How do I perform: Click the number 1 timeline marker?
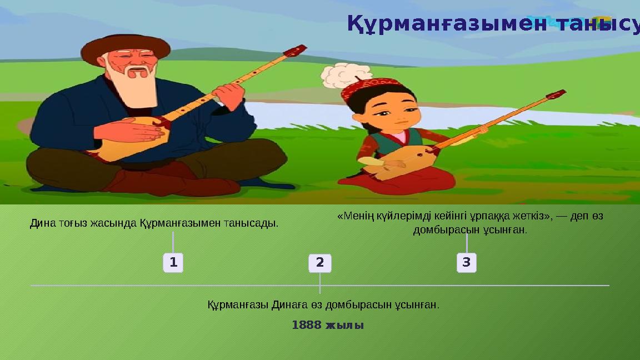pos(173,262)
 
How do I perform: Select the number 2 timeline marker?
pos(320,263)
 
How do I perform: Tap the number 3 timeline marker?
pos(466,262)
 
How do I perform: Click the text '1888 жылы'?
pos(328,325)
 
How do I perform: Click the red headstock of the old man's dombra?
pos(294,52)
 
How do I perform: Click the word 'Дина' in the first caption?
pos(39,223)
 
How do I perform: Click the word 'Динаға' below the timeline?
pos(288,304)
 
